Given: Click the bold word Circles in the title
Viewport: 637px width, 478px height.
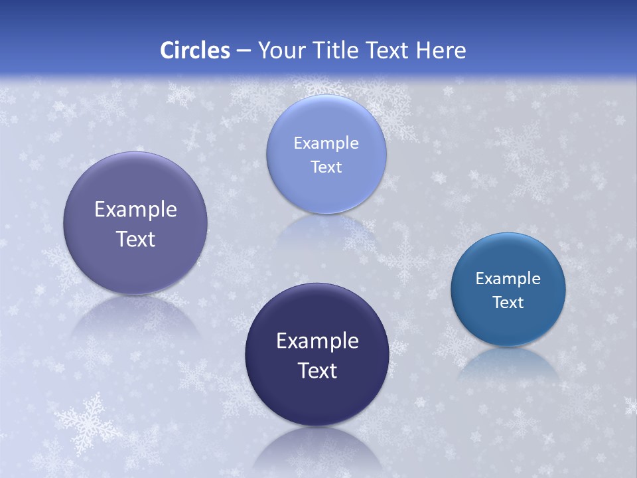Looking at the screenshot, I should (195, 50).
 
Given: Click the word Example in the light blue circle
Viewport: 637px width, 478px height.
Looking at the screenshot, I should (326, 143).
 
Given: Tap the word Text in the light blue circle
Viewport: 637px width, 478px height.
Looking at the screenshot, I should (326, 167).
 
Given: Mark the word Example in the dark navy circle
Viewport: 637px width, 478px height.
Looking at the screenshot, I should (317, 341).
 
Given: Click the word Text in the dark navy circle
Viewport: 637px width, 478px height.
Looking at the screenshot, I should (317, 370).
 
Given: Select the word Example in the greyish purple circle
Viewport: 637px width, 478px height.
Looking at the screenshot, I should (135, 209).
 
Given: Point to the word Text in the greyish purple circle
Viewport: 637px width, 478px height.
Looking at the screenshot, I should (135, 239).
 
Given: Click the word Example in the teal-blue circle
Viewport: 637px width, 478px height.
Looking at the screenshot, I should (508, 278).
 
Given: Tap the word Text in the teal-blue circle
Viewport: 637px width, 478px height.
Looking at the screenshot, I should (508, 302).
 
